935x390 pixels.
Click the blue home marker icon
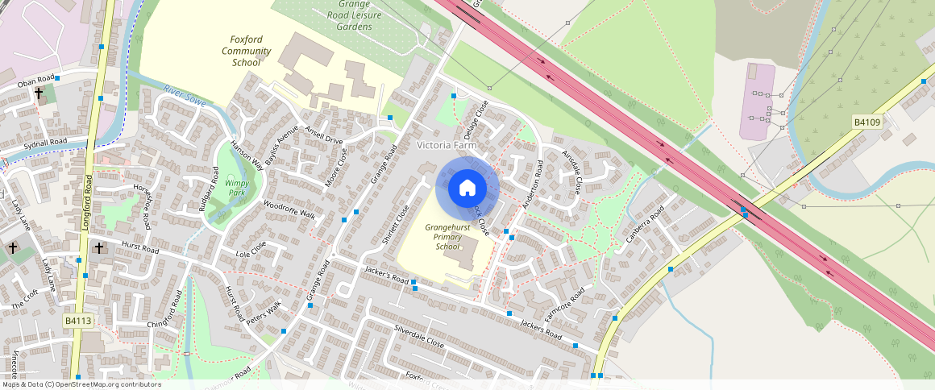467,188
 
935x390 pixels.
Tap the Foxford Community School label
246,51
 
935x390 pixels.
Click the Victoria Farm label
447,145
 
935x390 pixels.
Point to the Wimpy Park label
236,188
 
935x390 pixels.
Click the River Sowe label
185,96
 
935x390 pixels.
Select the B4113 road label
79,321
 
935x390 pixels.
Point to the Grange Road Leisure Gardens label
354,15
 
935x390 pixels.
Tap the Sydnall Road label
44,142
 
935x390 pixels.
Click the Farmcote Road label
563,302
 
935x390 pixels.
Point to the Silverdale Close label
419,336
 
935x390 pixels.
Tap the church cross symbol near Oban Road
38,93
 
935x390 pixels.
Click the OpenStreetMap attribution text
81,384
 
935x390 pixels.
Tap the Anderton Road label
533,186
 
